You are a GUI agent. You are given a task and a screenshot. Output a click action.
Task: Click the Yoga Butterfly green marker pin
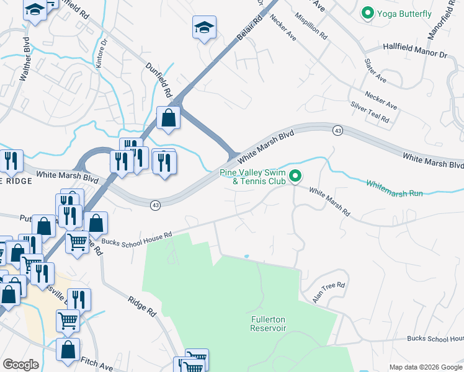pyautogui.click(x=367, y=12)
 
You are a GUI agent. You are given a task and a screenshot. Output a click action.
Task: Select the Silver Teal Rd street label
pyautogui.click(x=370, y=112)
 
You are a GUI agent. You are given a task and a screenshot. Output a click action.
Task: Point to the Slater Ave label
pyautogui.click(x=376, y=71)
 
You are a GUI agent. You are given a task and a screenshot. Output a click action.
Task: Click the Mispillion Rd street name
pyautogui.click(x=311, y=26)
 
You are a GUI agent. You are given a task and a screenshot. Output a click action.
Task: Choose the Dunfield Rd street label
pyautogui.click(x=159, y=80)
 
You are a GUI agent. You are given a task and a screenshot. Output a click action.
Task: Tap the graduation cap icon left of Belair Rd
pyautogui.click(x=204, y=27)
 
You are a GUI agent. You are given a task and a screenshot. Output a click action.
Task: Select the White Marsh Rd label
pyautogui.click(x=329, y=202)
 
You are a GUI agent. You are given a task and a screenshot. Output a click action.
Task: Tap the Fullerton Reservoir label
pyautogui.click(x=268, y=324)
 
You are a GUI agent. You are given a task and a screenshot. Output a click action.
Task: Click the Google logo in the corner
pyautogui.click(x=20, y=364)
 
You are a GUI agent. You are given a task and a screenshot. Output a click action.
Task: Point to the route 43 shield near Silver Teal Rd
pyautogui.click(x=337, y=130)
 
